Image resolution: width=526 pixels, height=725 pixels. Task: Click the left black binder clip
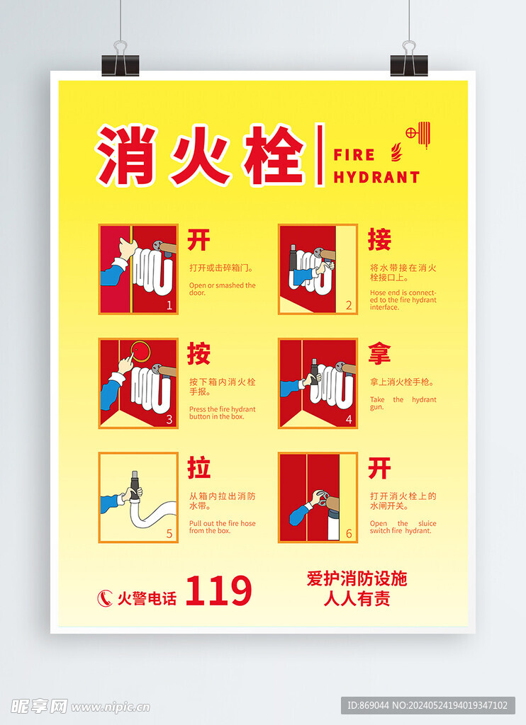click(x=121, y=63)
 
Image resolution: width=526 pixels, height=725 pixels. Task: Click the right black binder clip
click(x=408, y=62)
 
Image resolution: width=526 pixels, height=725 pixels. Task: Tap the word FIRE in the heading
click(x=354, y=154)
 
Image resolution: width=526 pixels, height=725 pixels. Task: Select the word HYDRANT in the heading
click(x=376, y=177)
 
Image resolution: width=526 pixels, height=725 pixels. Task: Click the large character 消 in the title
click(x=128, y=155)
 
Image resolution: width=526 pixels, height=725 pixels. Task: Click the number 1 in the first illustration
click(x=169, y=305)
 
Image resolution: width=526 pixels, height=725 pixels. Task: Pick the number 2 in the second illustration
click(x=349, y=305)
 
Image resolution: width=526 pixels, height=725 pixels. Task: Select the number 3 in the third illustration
click(x=169, y=419)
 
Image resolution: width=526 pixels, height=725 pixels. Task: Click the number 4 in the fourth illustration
click(x=349, y=419)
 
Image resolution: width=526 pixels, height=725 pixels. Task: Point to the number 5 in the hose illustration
click(x=169, y=534)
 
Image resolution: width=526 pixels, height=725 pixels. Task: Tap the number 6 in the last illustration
click(x=349, y=534)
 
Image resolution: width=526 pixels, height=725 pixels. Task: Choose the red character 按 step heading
click(x=198, y=353)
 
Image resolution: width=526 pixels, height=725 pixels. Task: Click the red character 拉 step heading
click(x=198, y=468)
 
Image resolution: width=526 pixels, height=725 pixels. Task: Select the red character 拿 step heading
click(x=379, y=353)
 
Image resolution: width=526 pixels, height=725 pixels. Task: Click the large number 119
click(x=218, y=591)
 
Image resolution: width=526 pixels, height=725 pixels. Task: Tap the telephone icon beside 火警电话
click(x=104, y=598)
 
